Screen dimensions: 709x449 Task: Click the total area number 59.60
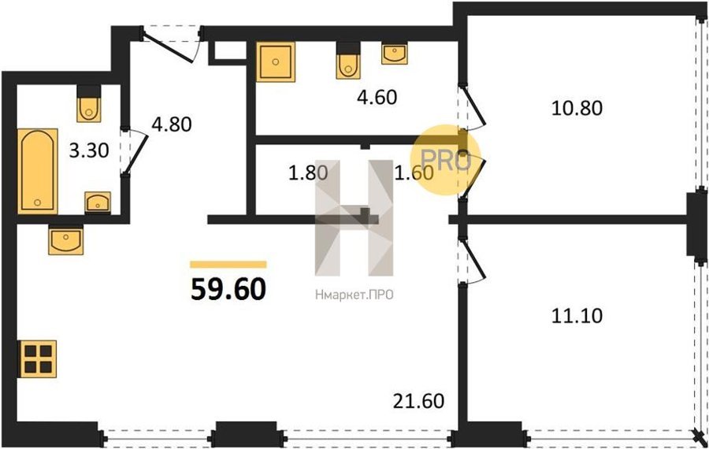pos(228,289)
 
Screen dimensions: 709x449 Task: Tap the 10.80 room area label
pos(577,108)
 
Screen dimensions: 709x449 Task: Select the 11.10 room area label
pos(577,316)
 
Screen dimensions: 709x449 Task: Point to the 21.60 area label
pos(419,401)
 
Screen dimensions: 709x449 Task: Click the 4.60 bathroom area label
pos(377,97)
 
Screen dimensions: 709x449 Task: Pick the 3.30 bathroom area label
pos(88,150)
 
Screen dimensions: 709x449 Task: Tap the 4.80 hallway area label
pos(172,124)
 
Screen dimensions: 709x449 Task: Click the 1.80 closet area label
pos(308,173)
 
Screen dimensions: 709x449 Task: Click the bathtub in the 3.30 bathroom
pos(38,172)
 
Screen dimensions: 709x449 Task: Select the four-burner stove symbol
pos(38,358)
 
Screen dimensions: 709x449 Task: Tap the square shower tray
pos(276,62)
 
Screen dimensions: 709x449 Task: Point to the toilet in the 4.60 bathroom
pos(348,61)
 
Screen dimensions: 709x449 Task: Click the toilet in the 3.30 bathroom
pos(88,103)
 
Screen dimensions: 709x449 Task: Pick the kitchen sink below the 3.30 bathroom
pos(66,239)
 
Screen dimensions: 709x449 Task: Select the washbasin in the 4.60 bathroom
pos(395,54)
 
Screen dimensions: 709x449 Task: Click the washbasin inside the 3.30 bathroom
pos(98,202)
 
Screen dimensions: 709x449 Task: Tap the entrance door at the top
pos(172,44)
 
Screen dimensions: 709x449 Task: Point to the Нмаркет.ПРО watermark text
pos(354,295)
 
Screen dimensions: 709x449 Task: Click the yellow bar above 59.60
pos(228,265)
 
